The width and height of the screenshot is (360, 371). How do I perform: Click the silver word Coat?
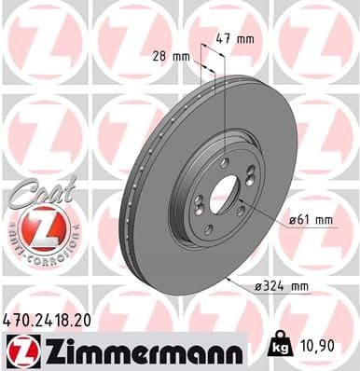[x=37, y=189]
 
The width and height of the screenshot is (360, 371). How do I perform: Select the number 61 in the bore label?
[x=305, y=220]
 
